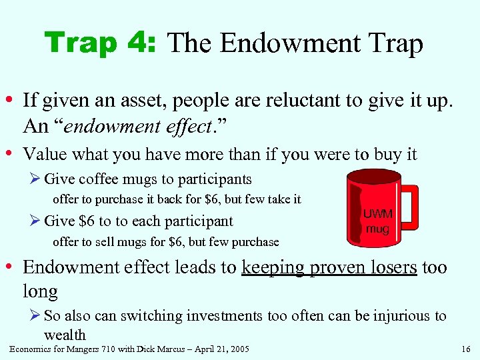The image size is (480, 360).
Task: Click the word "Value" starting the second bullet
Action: (x=44, y=154)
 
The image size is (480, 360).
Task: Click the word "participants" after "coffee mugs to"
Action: (x=217, y=179)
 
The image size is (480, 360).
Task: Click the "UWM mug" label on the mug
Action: (x=377, y=222)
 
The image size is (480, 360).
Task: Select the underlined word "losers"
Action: (x=394, y=267)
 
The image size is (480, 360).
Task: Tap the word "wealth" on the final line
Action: (x=65, y=334)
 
